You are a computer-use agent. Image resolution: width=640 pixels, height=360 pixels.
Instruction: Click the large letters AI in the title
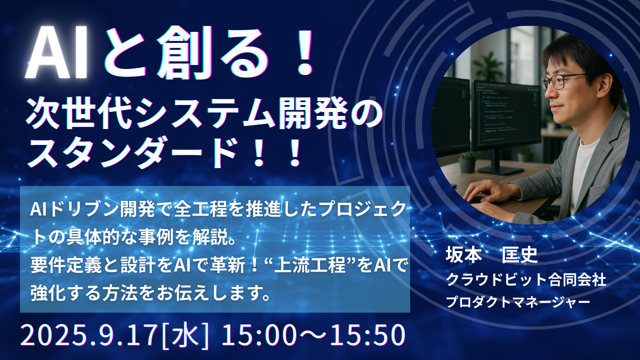coord(56,53)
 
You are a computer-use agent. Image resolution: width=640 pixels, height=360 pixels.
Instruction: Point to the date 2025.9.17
coord(89,335)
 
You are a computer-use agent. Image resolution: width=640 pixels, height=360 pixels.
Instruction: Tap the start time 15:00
coord(258,335)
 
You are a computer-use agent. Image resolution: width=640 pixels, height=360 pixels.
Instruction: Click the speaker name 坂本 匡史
coord(491,255)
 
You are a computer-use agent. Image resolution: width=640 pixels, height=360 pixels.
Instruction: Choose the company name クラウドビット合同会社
coord(526,279)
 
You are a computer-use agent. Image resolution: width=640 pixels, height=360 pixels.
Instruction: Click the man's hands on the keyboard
coord(492,197)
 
